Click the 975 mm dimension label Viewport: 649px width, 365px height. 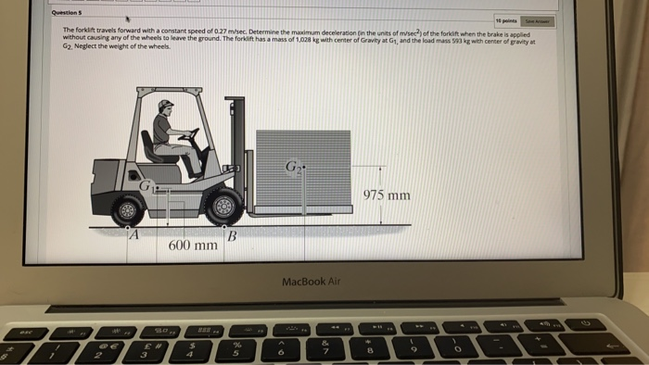pyautogui.click(x=387, y=195)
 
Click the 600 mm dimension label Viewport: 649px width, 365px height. pyautogui.click(x=193, y=245)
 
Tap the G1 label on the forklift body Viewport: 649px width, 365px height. pyautogui.click(x=146, y=188)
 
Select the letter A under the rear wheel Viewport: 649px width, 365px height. pyautogui.click(x=133, y=235)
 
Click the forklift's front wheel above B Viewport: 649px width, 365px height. pyautogui.click(x=223, y=207)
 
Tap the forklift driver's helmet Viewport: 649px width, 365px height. pyautogui.click(x=167, y=108)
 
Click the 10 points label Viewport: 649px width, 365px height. pyautogui.click(x=506, y=19)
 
